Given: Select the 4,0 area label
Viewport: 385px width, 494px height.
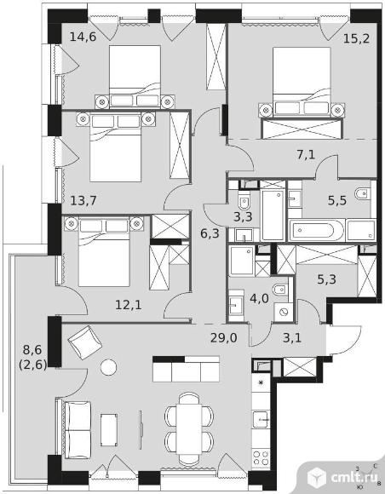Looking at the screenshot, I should [256, 298].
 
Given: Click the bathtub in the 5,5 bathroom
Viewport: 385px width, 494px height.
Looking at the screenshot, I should [318, 231].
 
